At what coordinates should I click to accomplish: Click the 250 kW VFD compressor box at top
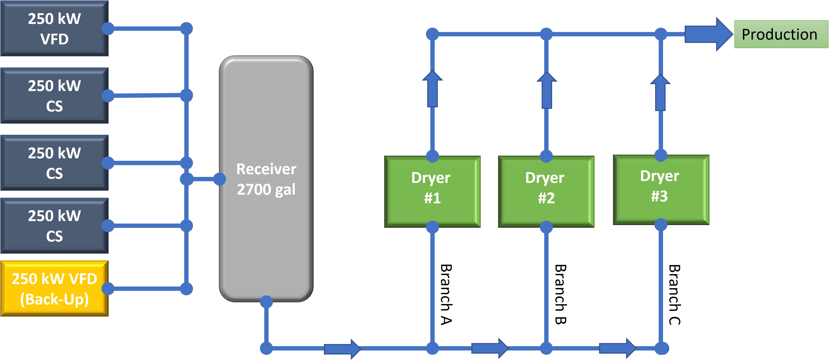point(54,28)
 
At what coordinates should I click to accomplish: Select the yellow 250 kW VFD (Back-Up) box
point(54,289)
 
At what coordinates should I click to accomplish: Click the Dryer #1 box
point(432,192)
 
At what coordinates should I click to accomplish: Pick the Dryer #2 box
point(546,192)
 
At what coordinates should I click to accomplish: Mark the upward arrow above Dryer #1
point(432,89)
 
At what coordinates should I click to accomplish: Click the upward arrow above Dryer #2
point(546,90)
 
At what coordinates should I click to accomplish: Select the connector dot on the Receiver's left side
point(220,179)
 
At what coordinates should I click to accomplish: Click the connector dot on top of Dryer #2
point(546,156)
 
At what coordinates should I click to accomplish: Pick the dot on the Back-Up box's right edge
point(108,289)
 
